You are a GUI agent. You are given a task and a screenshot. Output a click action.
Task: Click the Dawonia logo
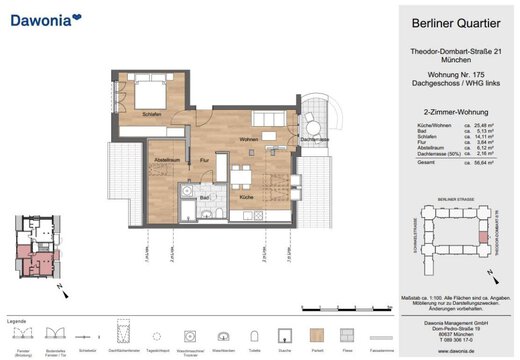tap(50, 18)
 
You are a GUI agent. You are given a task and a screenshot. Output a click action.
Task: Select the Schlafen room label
tap(152, 115)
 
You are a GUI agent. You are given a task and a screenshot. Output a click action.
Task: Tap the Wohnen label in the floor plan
tap(249, 138)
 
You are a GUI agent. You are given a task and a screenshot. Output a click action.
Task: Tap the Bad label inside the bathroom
tap(204, 198)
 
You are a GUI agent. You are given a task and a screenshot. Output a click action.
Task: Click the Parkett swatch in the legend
tap(318, 334)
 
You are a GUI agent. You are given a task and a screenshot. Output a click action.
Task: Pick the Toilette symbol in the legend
tap(256, 334)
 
